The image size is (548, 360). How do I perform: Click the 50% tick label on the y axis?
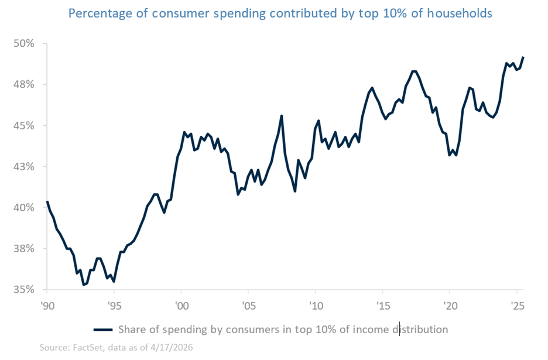coord(25,44)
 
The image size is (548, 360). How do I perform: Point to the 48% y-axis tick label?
coord(25,85)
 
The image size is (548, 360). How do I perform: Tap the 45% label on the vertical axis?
coord(25,126)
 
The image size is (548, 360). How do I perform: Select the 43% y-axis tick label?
coord(25,167)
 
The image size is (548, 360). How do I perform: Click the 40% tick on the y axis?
coord(25,208)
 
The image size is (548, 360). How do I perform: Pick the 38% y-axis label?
coord(25,249)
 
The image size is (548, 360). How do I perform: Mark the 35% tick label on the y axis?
coord(25,290)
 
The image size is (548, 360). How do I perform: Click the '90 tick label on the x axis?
coord(47,306)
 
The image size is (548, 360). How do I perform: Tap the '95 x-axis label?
coord(114,306)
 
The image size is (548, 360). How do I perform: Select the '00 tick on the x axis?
coord(181,306)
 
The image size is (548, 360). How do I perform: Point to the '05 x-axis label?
coord(248,306)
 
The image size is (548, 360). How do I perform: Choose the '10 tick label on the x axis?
coord(316,306)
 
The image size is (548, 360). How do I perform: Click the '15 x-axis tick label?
coord(382,306)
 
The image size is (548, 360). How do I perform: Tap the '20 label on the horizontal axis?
coord(450,306)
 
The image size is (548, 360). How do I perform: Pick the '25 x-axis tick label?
coord(516,306)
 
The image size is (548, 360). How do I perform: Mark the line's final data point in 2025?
coord(523,57)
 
